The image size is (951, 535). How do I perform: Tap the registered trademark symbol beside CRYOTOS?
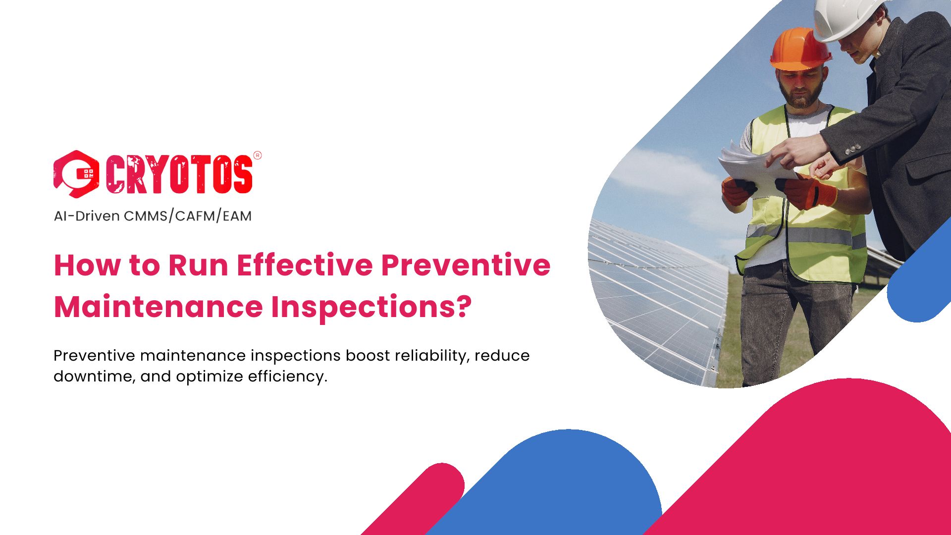click(258, 155)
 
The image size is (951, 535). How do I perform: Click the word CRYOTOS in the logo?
click(179, 174)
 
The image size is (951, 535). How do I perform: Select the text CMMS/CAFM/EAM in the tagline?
click(188, 216)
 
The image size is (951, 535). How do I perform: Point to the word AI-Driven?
click(87, 216)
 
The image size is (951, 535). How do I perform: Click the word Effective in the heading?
click(305, 265)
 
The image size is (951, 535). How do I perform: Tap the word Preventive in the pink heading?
click(466, 265)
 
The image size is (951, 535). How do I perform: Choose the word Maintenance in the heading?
click(158, 307)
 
